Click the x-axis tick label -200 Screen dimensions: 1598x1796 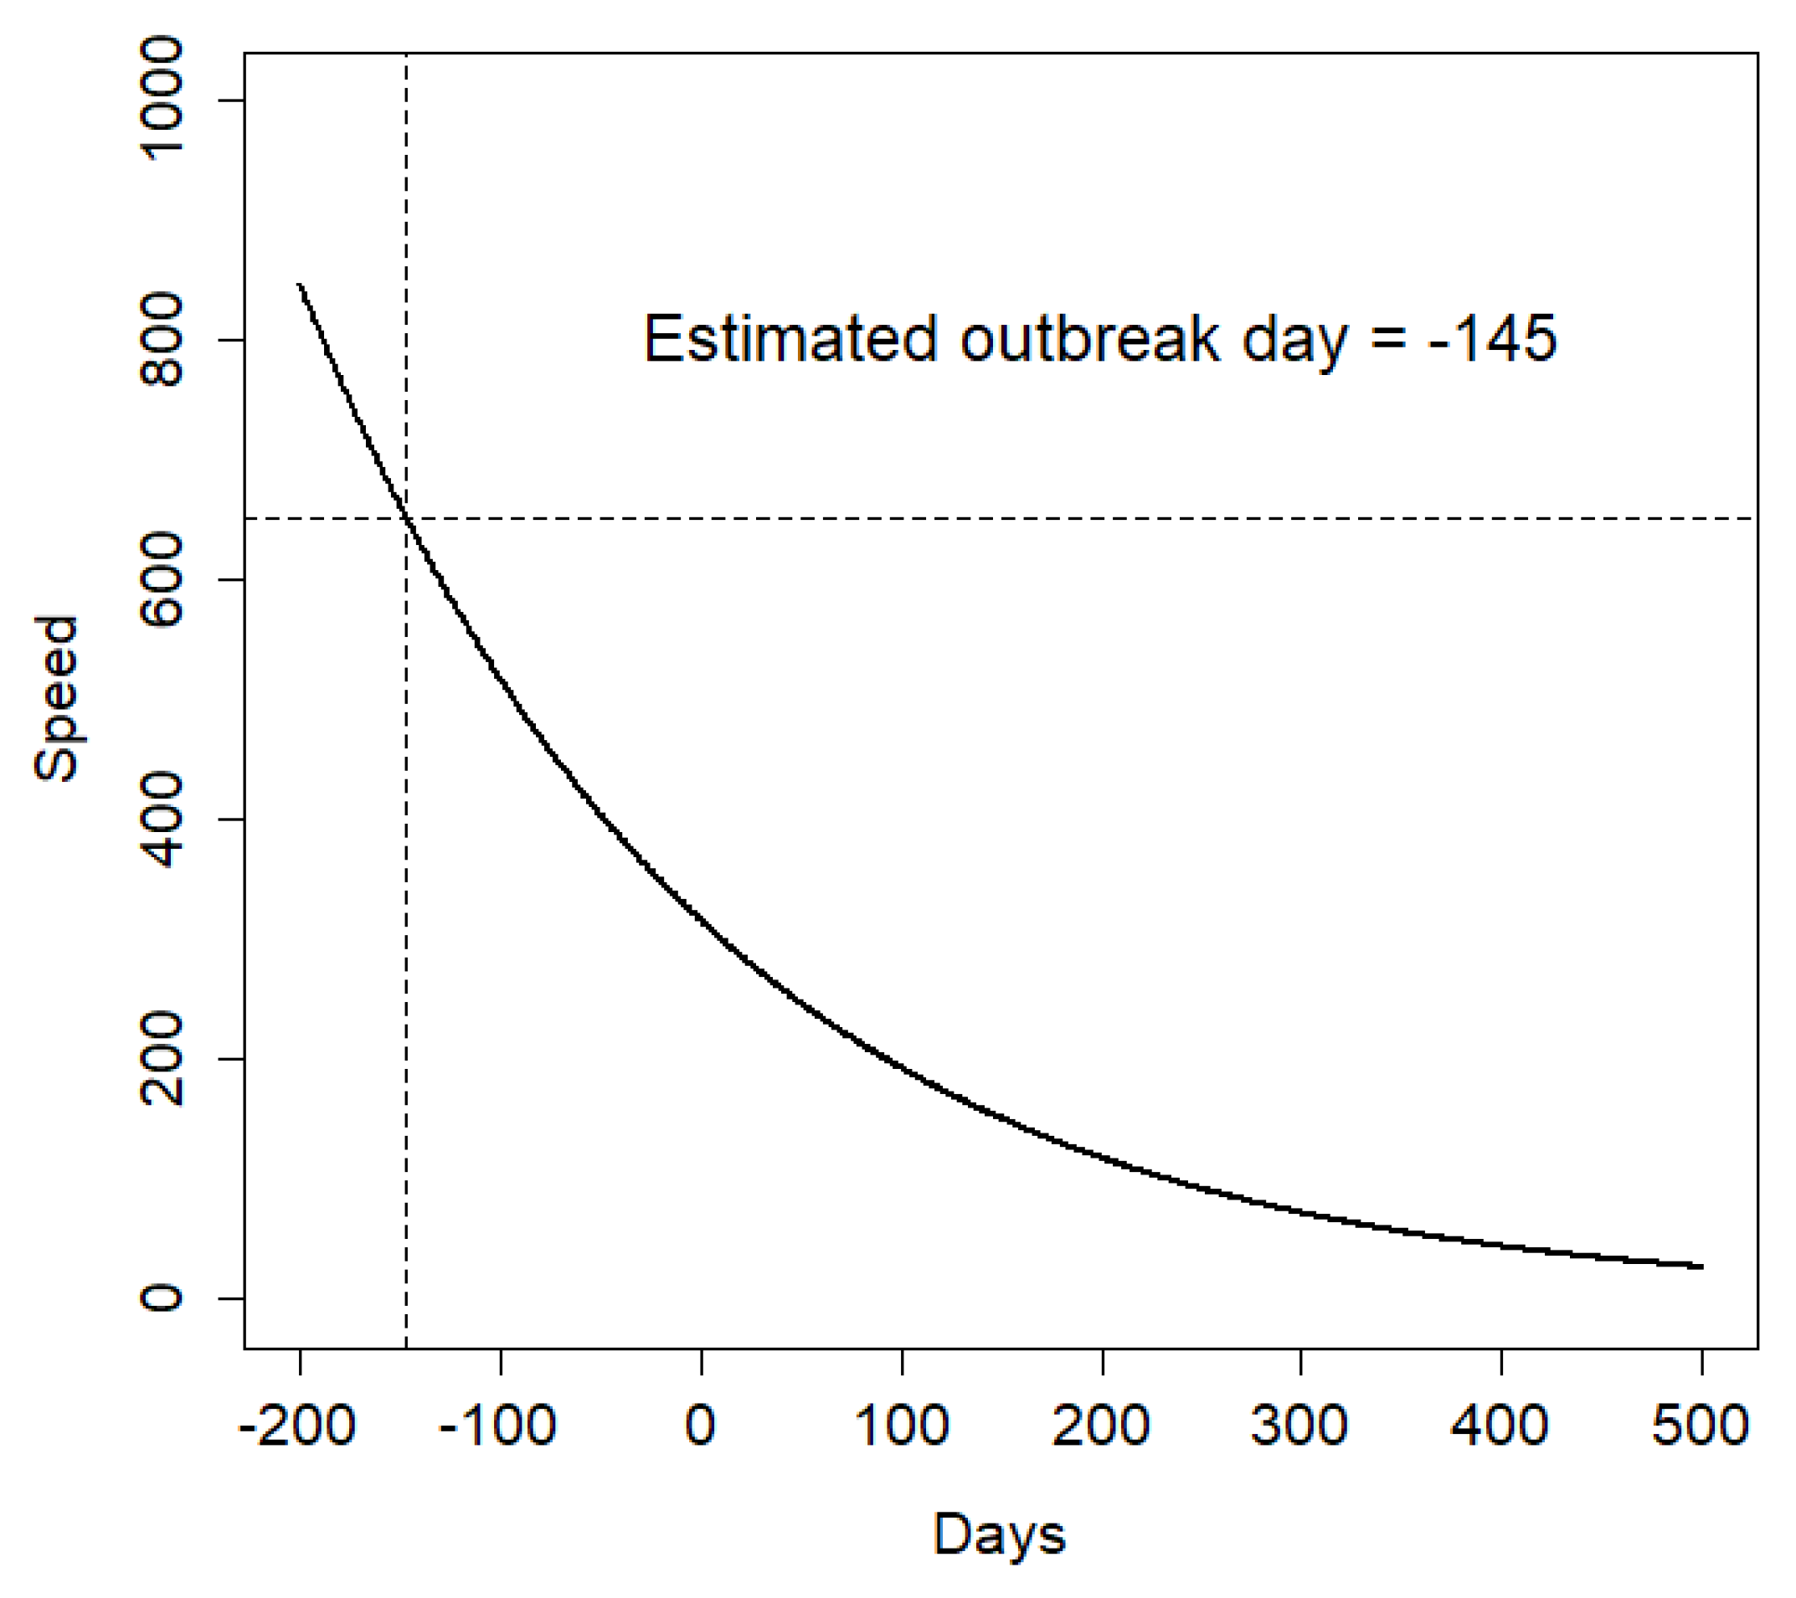[x=297, y=1425]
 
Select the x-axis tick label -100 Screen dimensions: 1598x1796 [x=497, y=1425]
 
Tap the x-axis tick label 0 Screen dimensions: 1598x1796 [x=700, y=1425]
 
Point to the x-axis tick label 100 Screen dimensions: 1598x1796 [x=902, y=1425]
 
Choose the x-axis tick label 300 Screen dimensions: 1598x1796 [x=1299, y=1425]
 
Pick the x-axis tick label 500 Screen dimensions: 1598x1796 [x=1701, y=1425]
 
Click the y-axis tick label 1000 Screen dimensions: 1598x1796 [x=162, y=100]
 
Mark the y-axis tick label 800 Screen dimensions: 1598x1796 [x=162, y=340]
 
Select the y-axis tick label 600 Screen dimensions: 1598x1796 [x=162, y=580]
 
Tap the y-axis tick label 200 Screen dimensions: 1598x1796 [x=162, y=1059]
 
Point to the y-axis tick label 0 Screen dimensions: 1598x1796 [x=162, y=1298]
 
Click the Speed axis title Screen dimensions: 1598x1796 [x=56, y=698]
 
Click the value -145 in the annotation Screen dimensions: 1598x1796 [x=1493, y=339]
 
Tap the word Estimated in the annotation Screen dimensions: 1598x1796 [x=790, y=339]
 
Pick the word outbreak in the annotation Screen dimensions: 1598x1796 [x=1089, y=339]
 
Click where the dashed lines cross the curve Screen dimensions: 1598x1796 [x=406, y=519]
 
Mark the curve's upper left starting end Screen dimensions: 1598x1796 [x=300, y=285]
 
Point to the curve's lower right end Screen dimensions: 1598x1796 [x=1701, y=1266]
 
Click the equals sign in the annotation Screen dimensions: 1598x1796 [x=1387, y=341]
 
